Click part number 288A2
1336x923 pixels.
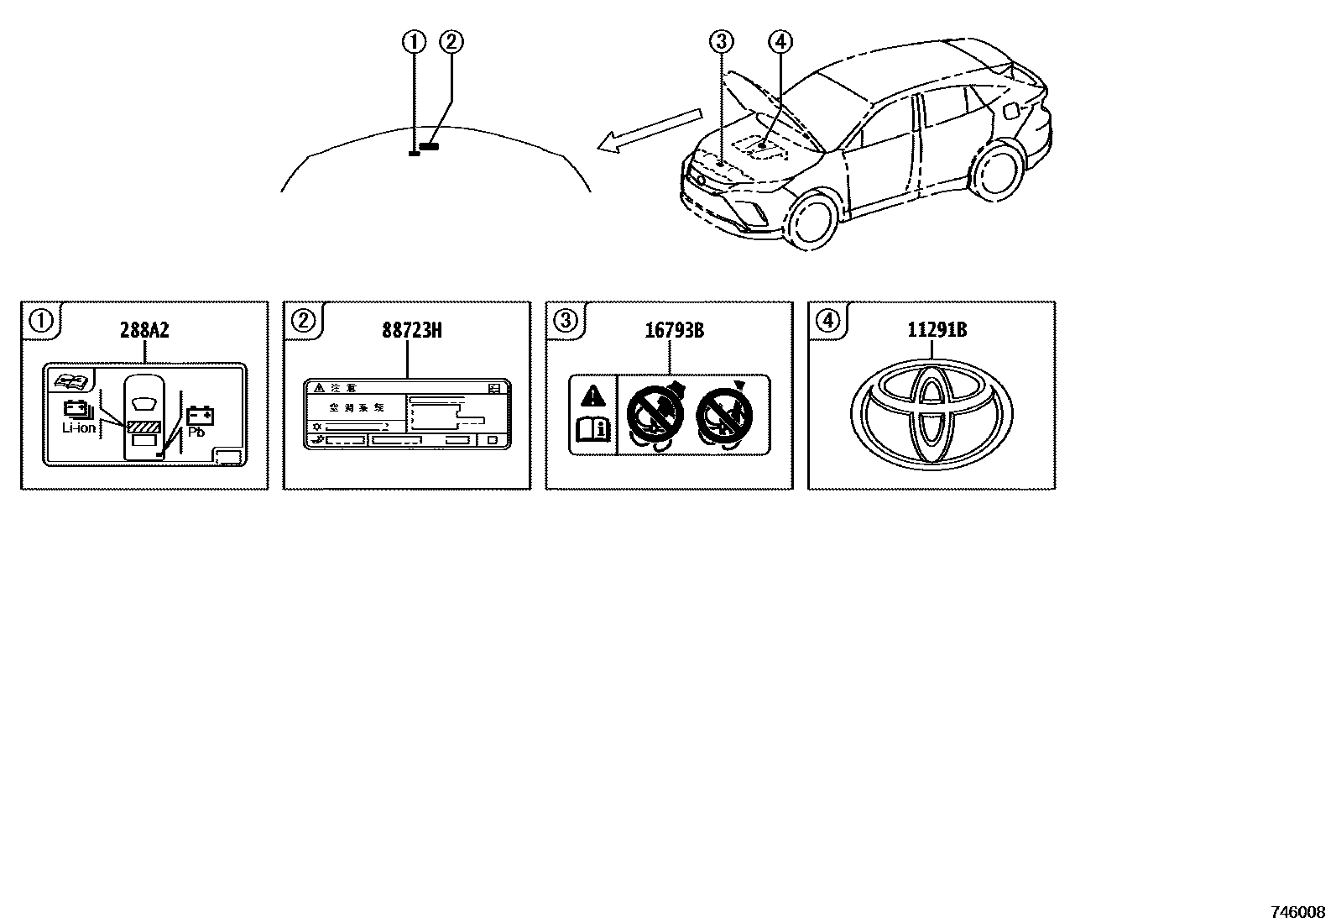click(144, 331)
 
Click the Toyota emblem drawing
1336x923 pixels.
click(932, 412)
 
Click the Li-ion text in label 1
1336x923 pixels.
click(79, 428)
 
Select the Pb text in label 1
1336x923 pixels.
click(197, 433)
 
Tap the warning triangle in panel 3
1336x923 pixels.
click(593, 395)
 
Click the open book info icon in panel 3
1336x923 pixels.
click(593, 431)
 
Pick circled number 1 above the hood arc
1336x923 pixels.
click(414, 41)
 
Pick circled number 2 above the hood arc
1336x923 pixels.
click(451, 41)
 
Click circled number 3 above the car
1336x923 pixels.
click(721, 41)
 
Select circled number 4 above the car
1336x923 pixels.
click(780, 41)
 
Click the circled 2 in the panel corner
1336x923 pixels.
click(303, 319)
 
